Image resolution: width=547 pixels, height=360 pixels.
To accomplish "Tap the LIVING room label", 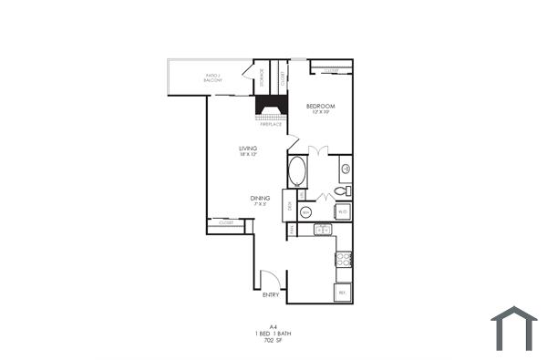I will pos(247,148).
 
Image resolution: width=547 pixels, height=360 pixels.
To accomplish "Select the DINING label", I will pos(261,198).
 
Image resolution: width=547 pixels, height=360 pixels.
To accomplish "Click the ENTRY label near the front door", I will pos(271,294).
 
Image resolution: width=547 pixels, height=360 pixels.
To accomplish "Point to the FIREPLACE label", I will pos(271,123).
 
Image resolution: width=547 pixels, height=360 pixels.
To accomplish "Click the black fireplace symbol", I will pos(271,107).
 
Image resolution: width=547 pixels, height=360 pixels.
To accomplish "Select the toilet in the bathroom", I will pos(341,191).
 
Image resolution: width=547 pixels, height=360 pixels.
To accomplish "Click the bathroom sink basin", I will pos(346,168).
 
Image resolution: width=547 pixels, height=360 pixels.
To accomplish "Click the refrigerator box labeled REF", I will pos(342,293).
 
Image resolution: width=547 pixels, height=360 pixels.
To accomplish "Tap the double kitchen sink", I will pos(322,229).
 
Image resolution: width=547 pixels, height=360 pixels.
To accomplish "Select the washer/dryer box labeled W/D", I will pos(342,211).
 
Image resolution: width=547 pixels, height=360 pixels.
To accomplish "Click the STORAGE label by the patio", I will pos(262,77).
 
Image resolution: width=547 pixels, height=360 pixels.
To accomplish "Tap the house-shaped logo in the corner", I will pos(513,328).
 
